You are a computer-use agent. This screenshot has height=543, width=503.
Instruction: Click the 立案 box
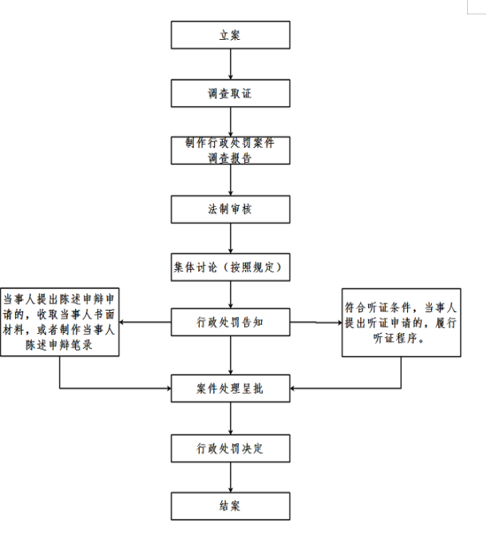(230, 35)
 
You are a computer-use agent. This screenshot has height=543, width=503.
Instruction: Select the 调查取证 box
(230, 93)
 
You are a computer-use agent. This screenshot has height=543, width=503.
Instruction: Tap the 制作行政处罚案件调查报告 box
(230, 150)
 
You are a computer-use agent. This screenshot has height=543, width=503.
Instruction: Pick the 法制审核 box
(230, 209)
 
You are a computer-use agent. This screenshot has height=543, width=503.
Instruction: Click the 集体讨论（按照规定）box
(230, 267)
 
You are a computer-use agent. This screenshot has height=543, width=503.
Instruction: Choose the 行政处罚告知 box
(230, 322)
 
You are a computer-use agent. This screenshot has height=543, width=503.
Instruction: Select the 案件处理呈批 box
(230, 388)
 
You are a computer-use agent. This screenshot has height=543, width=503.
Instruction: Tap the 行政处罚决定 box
(230, 449)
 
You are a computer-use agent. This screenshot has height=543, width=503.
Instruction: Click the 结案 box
(230, 506)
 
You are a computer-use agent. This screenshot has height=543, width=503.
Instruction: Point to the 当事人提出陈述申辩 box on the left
(60, 322)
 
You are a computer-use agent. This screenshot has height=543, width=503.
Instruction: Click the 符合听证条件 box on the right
(402, 323)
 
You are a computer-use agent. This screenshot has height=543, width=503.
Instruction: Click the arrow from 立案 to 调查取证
(231, 64)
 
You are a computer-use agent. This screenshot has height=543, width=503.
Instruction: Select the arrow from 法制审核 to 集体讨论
(231, 238)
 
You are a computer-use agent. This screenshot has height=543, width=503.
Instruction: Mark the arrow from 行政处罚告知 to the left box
(145, 322)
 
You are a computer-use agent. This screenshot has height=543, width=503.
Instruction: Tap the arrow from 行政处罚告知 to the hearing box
(316, 323)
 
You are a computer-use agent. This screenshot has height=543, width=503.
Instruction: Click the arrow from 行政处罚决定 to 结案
(231, 478)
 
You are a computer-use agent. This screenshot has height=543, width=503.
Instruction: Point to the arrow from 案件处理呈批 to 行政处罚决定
(231, 418)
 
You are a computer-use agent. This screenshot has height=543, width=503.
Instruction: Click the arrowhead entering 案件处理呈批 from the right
(292, 388)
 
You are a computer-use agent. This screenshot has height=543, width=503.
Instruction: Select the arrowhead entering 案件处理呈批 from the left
(169, 388)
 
